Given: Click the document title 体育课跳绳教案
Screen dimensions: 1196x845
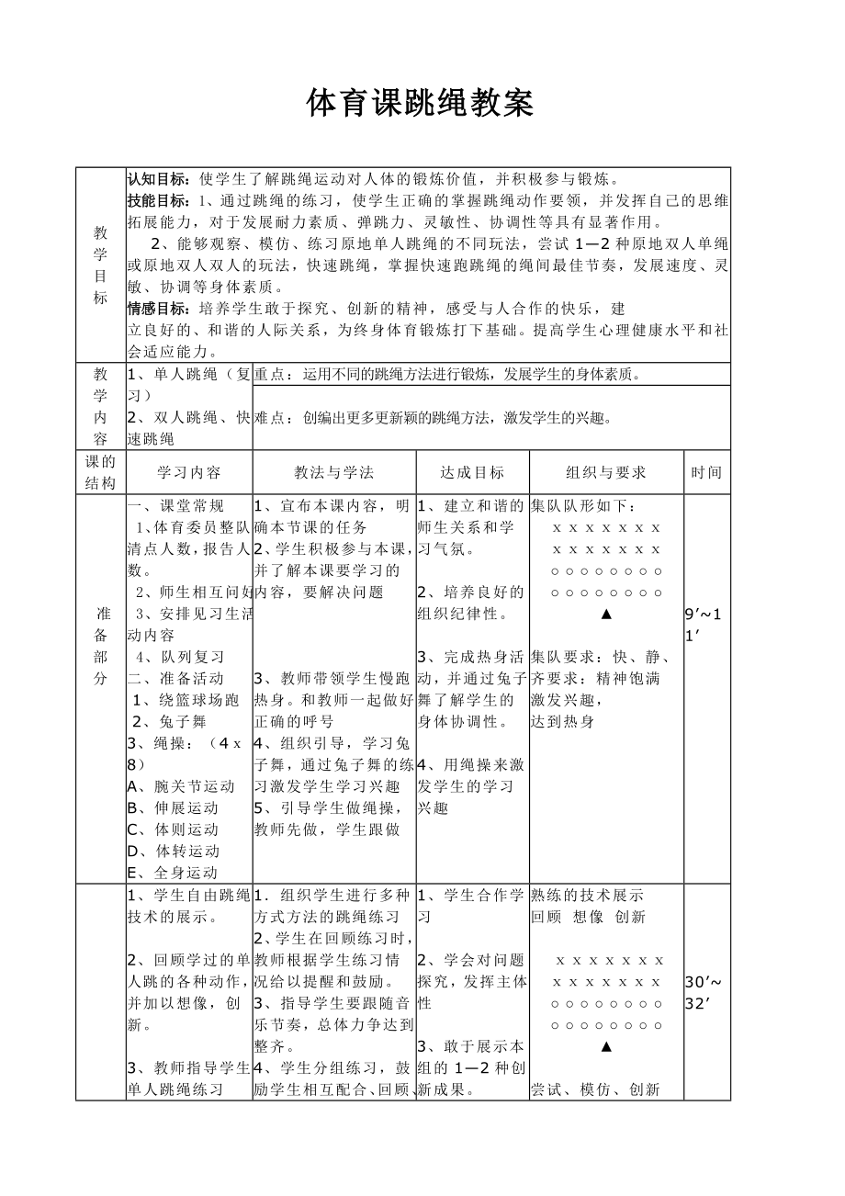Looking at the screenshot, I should tap(420, 104).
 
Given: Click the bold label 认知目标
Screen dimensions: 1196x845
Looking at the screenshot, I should tap(157, 178).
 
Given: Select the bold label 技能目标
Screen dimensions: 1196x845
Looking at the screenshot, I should tap(157, 200).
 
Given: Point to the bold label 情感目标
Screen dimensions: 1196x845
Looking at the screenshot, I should tap(157, 309).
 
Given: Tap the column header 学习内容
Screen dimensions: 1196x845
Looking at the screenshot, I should tap(189, 472).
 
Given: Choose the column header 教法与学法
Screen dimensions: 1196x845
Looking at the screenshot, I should tap(334, 472).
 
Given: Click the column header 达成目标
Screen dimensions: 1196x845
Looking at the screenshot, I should tap(472, 472).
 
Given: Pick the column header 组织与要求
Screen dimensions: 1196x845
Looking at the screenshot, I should tap(606, 472).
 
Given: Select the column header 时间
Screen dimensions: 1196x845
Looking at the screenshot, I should tap(706, 472).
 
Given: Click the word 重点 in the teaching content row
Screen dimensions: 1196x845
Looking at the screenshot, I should tap(268, 374).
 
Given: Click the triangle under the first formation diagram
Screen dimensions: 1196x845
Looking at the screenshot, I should tap(606, 614).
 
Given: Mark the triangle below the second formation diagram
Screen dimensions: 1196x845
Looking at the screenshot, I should tap(606, 1046).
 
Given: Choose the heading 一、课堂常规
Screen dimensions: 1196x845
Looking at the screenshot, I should tap(175, 506).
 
